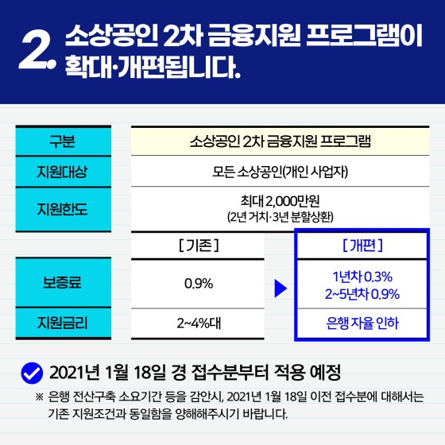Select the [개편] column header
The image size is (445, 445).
click(x=366, y=246)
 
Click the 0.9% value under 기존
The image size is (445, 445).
click(x=198, y=283)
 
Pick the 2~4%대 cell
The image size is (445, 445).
click(x=198, y=323)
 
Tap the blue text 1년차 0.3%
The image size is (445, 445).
click(x=366, y=276)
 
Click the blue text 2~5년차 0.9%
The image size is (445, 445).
click(x=366, y=293)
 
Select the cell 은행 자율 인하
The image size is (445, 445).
click(x=366, y=323)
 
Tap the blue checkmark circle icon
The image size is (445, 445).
click(x=31, y=372)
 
